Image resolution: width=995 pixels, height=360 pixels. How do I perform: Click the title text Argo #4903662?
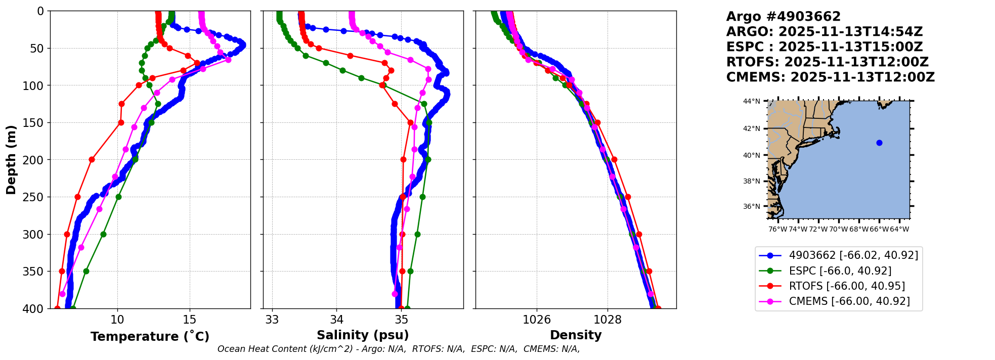[x=783, y=17]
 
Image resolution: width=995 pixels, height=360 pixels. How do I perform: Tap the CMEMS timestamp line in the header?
[x=830, y=77]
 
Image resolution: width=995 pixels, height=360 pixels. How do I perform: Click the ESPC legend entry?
[x=840, y=271]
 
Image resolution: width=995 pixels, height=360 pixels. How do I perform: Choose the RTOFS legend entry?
[x=846, y=286]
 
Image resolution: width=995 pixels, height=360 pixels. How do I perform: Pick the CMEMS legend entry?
[x=849, y=301]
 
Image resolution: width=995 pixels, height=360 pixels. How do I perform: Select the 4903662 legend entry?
[x=853, y=255]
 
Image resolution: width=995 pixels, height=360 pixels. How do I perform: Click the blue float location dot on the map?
[x=879, y=143]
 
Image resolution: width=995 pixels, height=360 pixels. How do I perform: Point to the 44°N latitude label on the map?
[x=751, y=101]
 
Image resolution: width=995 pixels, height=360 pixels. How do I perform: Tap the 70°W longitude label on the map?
[x=838, y=229]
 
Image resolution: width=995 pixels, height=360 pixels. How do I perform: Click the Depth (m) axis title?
[x=11, y=160]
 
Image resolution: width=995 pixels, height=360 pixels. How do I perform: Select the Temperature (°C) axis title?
[x=150, y=336]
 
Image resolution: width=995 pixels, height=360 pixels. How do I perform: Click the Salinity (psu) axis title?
[x=363, y=335]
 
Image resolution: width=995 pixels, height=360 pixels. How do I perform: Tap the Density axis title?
[x=576, y=335]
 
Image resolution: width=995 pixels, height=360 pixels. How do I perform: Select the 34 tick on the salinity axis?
[x=337, y=320]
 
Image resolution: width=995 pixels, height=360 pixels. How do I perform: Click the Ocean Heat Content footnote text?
[x=399, y=349]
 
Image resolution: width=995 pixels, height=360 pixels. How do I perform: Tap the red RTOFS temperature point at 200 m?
[x=92, y=159]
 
